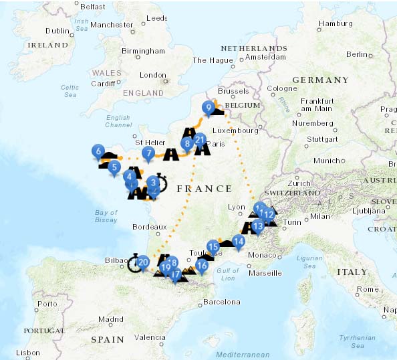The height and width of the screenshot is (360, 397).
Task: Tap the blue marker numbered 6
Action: (98, 151)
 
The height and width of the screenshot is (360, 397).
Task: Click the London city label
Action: (152, 76)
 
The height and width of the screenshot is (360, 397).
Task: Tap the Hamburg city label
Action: (336, 24)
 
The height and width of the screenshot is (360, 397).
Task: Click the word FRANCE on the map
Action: (205, 189)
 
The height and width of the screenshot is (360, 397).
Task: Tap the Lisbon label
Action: (28, 352)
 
